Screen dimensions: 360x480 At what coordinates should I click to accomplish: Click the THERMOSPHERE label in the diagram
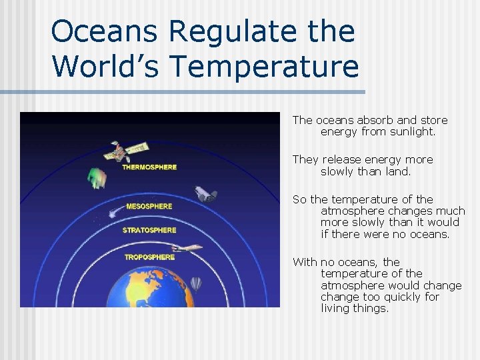(x=149, y=167)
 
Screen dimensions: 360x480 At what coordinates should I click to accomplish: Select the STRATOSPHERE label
(x=149, y=230)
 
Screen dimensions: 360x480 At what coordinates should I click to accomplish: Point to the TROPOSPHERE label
(x=149, y=257)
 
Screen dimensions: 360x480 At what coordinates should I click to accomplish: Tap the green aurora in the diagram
(x=97, y=177)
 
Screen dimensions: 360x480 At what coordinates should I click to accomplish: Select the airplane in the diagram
(x=191, y=248)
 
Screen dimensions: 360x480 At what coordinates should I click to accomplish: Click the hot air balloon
(x=195, y=285)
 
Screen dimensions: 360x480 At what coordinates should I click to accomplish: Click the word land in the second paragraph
(x=397, y=171)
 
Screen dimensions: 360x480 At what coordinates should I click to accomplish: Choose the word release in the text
(x=341, y=160)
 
